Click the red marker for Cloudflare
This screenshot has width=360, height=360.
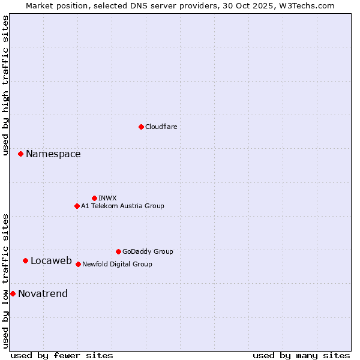click(141, 127)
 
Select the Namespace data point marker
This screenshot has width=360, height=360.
click(20, 154)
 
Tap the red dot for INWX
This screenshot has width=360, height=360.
click(94, 198)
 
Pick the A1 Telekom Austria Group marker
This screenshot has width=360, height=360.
click(77, 206)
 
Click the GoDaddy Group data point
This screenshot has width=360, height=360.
click(118, 251)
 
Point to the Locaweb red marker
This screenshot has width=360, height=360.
click(25, 260)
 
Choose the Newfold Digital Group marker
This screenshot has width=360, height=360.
click(78, 264)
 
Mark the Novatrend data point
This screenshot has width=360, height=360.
click(13, 293)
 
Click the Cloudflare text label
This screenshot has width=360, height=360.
click(161, 127)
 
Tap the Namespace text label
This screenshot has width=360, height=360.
click(53, 154)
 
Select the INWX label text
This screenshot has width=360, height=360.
click(107, 198)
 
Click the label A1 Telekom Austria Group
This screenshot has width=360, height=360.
click(122, 206)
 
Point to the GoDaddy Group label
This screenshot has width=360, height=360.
click(148, 251)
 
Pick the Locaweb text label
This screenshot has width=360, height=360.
click(51, 260)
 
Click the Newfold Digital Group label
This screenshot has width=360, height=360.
click(117, 264)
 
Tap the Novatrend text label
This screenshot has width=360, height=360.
click(43, 293)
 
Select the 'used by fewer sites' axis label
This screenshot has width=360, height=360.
click(62, 355)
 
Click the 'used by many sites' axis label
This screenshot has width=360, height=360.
click(301, 355)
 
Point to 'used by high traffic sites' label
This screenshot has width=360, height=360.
click(5, 85)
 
